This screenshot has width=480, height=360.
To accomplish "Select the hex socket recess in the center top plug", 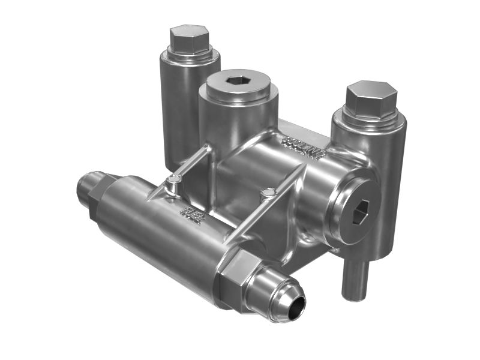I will click(x=238, y=80).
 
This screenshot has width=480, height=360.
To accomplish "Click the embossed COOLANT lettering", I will click(x=303, y=147).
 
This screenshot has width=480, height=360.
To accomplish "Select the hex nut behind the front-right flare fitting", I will click(x=238, y=280).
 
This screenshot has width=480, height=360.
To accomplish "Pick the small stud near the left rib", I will click(x=173, y=180).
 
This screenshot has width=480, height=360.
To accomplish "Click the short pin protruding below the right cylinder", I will click(x=353, y=277).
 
